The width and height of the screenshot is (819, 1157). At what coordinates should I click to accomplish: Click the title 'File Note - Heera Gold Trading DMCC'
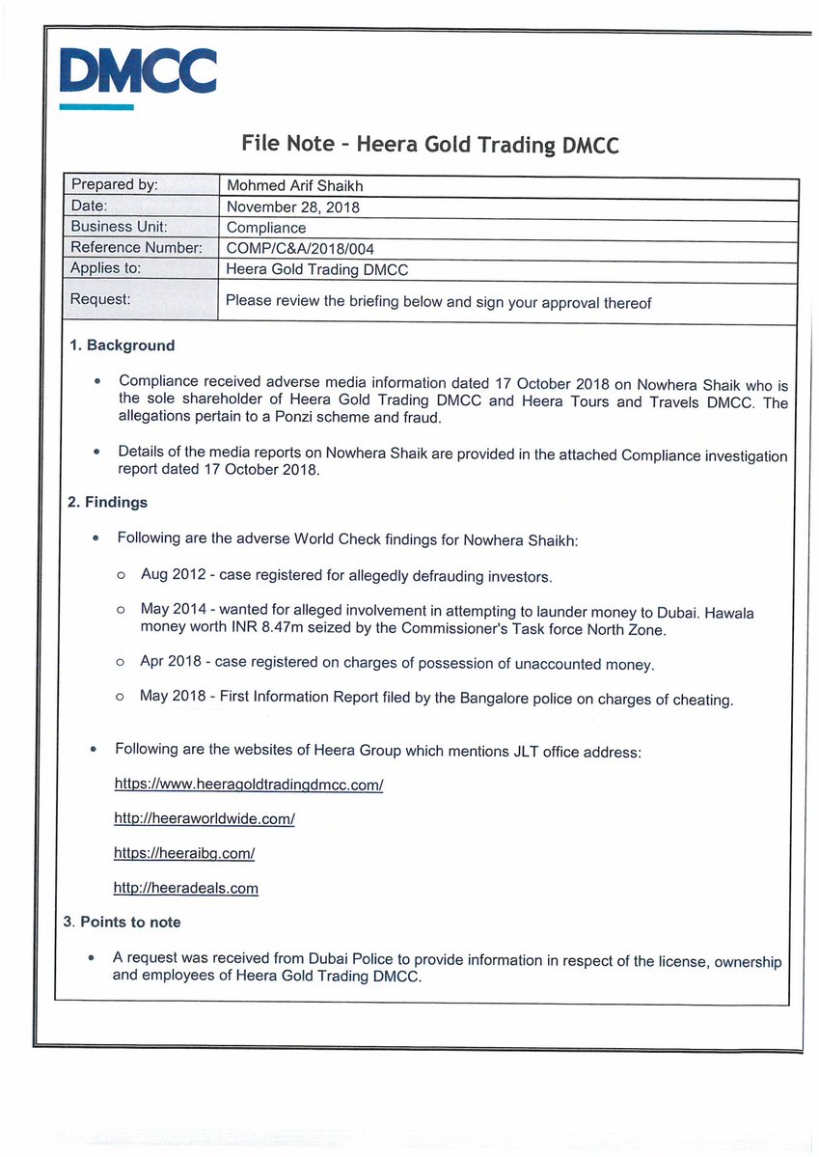[x=429, y=145]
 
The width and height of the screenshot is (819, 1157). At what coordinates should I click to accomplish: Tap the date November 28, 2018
[x=293, y=207]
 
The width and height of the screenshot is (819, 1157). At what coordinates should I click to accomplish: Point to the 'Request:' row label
[x=100, y=299]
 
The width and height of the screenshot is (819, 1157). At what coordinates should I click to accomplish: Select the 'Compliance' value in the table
[x=265, y=228]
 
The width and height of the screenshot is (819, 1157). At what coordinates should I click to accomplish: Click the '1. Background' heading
[x=122, y=345]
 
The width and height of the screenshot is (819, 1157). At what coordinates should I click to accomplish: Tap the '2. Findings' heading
[x=107, y=502]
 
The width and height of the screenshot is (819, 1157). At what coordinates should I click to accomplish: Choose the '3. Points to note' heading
[x=122, y=922]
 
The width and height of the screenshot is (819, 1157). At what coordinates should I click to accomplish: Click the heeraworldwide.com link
[x=204, y=818]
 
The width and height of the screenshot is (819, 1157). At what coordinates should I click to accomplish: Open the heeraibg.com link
[x=184, y=853]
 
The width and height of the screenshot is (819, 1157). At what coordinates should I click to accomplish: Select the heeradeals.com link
[x=185, y=888]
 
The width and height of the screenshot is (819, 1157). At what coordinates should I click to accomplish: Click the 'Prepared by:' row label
[x=114, y=184]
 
